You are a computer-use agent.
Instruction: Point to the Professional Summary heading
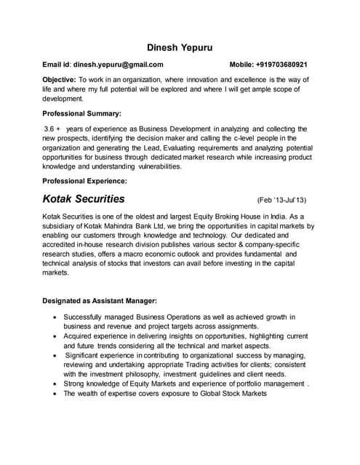click(81, 114)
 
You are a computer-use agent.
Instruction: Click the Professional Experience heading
click(85, 179)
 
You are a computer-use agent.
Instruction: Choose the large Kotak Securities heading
click(84, 198)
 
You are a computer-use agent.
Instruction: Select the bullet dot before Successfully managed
click(56, 318)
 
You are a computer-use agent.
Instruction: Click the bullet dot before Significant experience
click(56, 355)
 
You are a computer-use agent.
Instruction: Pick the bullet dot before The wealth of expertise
click(56, 393)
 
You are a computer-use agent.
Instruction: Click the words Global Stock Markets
click(224, 393)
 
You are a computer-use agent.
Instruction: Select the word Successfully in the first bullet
click(86, 318)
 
